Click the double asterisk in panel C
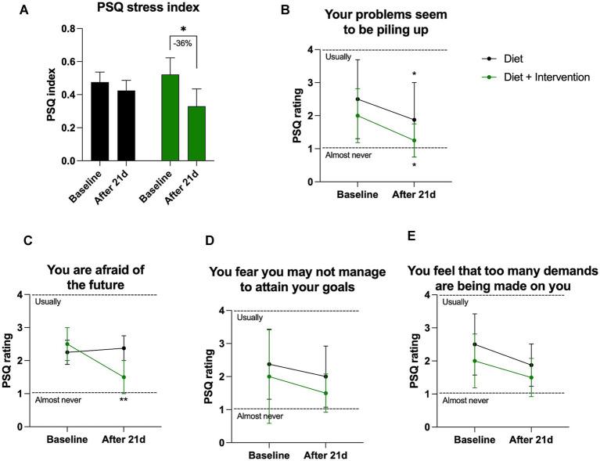[x=124, y=401]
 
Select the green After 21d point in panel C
[x=124, y=377]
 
